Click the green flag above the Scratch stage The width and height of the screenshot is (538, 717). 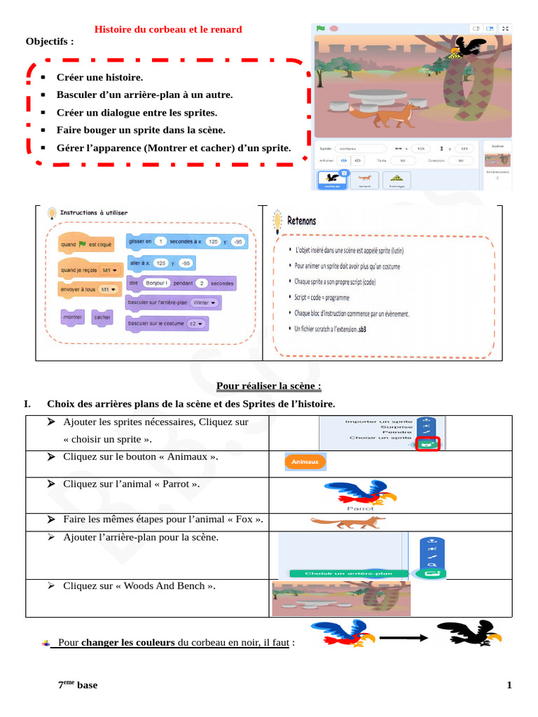pos(320,29)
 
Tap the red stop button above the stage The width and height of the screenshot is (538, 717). pos(334,29)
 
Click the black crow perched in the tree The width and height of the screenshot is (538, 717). pos(468,48)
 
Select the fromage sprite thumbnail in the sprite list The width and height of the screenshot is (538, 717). pos(396,179)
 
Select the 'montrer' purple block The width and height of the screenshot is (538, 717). pos(73,317)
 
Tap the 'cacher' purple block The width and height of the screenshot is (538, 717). pos(102,317)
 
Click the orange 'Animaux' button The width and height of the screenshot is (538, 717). pos(305,462)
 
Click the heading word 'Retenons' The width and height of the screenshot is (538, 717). pos(301,221)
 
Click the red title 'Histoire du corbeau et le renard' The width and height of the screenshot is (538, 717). pos(168,29)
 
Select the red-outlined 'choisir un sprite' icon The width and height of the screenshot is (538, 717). pos(427,444)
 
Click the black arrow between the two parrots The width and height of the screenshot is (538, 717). pos(405,638)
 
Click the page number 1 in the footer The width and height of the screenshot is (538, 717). pos(509,685)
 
